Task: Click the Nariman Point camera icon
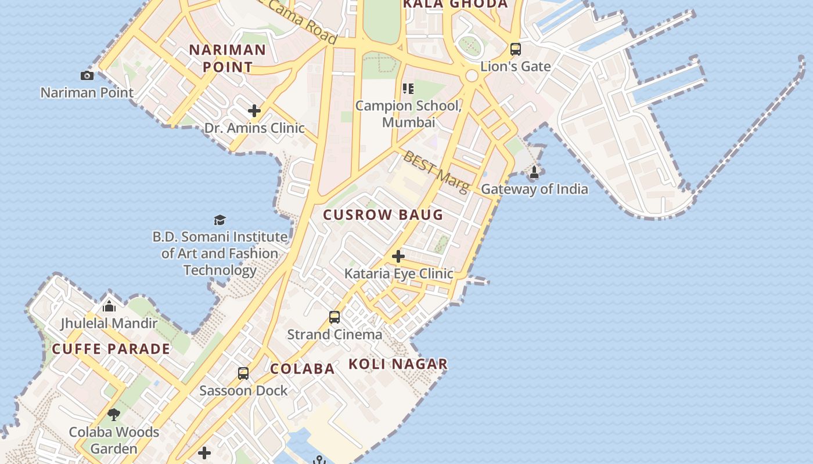[x=87, y=75]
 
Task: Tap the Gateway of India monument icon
[x=534, y=172]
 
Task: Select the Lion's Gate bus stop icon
[x=515, y=49]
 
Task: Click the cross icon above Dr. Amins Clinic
[x=254, y=111]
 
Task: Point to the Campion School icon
[x=408, y=89]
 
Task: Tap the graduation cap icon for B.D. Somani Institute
[x=220, y=220]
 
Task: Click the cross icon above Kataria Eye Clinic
[x=398, y=256]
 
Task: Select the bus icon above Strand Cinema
[x=334, y=317]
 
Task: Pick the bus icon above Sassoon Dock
[x=243, y=374]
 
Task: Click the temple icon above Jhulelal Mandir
[x=109, y=306]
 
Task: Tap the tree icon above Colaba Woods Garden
[x=114, y=415]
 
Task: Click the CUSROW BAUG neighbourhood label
[x=383, y=215]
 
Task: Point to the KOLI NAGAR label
[x=398, y=364]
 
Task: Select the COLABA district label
[x=303, y=369]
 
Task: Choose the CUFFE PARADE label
[x=111, y=349]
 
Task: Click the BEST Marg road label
[x=436, y=172]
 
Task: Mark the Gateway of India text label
[x=534, y=189]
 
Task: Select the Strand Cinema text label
[x=334, y=335]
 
